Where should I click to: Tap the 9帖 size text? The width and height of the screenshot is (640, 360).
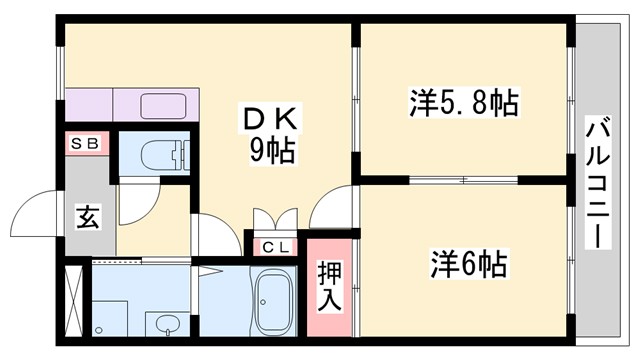(271, 151)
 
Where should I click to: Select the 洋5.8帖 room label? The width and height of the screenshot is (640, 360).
(462, 102)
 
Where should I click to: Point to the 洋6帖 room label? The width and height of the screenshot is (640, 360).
(468, 265)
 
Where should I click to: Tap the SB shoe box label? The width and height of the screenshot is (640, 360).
(84, 143)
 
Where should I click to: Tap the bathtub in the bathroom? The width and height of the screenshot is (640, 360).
(271, 304)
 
